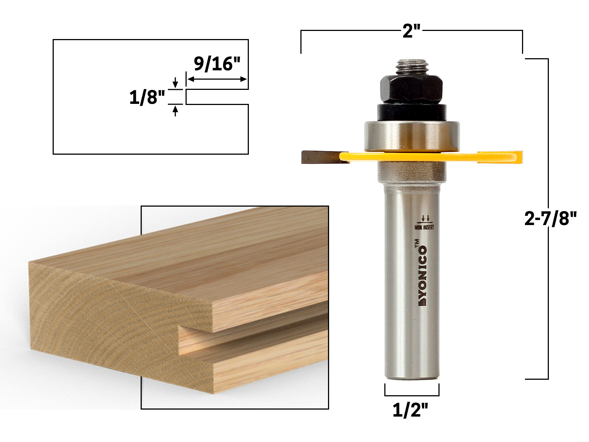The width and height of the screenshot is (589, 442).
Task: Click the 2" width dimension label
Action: click(411, 31)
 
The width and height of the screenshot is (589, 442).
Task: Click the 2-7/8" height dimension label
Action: click(550, 219)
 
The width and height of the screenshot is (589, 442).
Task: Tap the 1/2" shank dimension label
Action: click(410, 410)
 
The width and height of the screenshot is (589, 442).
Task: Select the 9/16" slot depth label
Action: click(217, 64)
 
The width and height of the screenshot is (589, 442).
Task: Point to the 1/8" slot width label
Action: click(147, 98)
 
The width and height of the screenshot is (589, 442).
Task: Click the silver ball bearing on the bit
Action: click(411, 136)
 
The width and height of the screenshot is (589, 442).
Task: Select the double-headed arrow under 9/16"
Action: click(217, 79)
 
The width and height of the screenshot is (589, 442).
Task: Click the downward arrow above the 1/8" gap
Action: click(175, 82)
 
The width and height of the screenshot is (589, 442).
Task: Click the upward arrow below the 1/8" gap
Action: click(175, 110)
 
